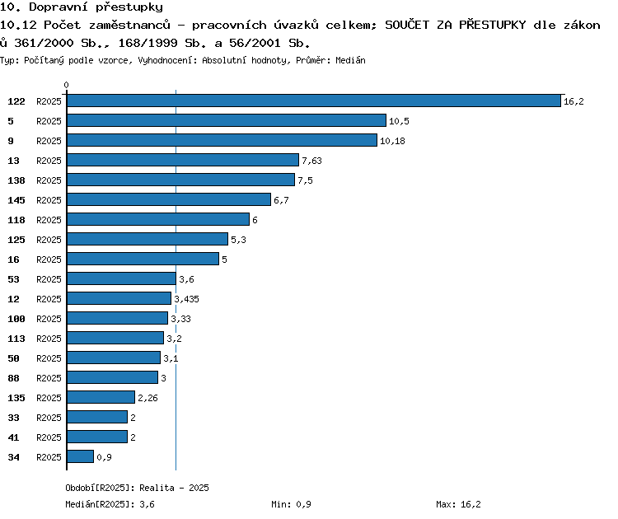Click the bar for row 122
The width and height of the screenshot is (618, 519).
(314, 101)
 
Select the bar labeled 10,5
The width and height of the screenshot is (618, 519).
(227, 120)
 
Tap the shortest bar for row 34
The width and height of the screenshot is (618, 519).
(81, 456)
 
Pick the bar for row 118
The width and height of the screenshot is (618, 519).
(158, 219)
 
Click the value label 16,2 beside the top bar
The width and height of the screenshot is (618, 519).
(574, 101)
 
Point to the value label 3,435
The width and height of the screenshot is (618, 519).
(186, 299)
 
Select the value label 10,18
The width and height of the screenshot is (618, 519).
(392, 141)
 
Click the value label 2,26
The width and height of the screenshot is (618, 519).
(147, 398)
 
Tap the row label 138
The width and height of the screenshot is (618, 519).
(16, 180)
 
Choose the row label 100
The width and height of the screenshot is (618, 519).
(16, 319)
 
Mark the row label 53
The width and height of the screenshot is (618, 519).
(13, 279)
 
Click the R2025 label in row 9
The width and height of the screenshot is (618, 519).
(49, 141)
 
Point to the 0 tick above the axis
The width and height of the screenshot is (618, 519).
(66, 85)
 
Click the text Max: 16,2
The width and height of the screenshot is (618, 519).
(458, 504)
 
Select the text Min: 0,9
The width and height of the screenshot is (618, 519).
(291, 504)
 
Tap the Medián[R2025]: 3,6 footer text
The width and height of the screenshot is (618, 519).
(110, 504)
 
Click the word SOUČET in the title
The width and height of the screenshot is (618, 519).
(407, 25)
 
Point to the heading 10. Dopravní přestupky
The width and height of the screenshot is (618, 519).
(82, 7)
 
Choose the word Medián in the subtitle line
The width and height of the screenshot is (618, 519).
(350, 60)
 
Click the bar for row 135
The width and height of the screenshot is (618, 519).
(101, 397)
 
